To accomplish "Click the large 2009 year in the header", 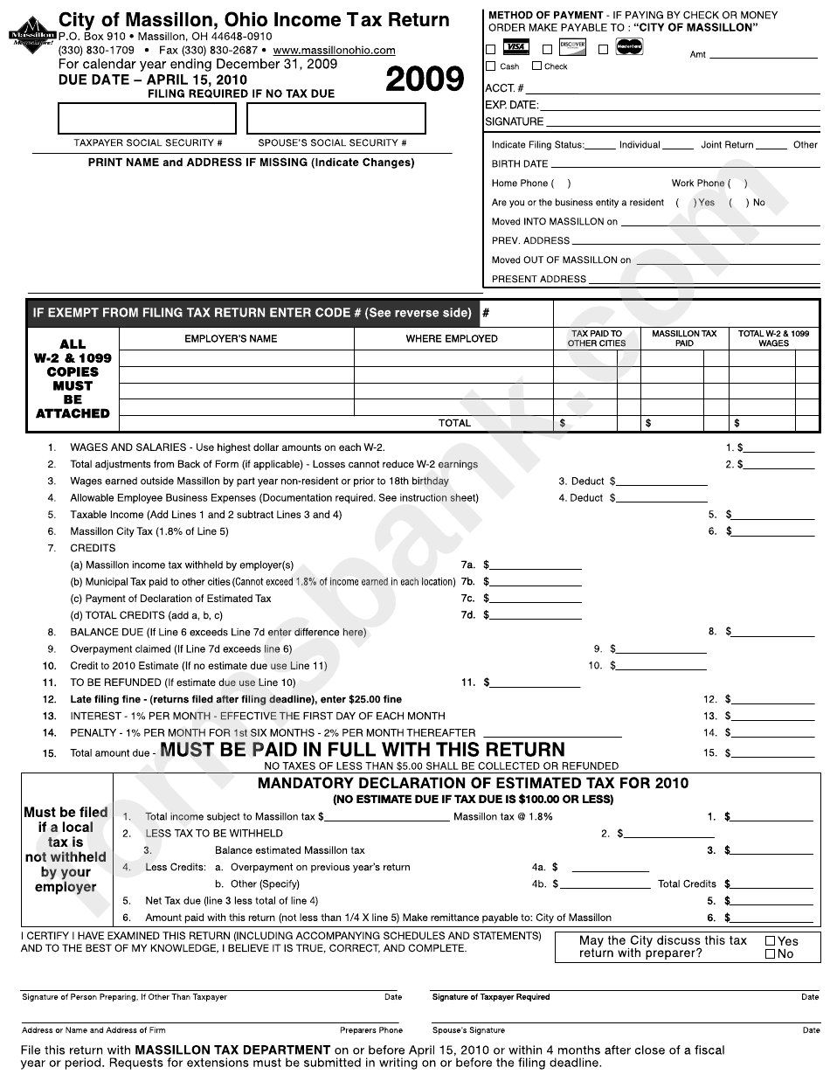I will tap(425, 80).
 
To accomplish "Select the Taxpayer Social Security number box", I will tap(147, 118).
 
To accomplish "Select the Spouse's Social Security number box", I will tap(335, 118).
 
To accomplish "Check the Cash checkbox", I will tap(491, 66).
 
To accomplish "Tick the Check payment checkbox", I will tap(536, 66).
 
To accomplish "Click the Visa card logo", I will tap(516, 47).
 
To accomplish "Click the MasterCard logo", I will tap(626, 47).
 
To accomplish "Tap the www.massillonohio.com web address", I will tap(334, 51).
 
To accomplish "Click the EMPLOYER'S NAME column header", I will tap(231, 339).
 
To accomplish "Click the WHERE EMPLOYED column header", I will tap(452, 339).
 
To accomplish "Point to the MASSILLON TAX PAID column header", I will tap(684, 339).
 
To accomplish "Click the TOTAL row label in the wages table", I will tap(454, 423).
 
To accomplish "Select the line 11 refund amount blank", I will tap(534, 683).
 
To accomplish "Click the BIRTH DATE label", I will tap(520, 164).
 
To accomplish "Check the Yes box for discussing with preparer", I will tap(770, 941).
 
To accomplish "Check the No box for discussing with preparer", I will tap(770, 954).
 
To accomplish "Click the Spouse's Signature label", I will tap(468, 1030).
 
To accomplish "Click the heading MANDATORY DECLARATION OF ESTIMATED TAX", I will tap(473, 783).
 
